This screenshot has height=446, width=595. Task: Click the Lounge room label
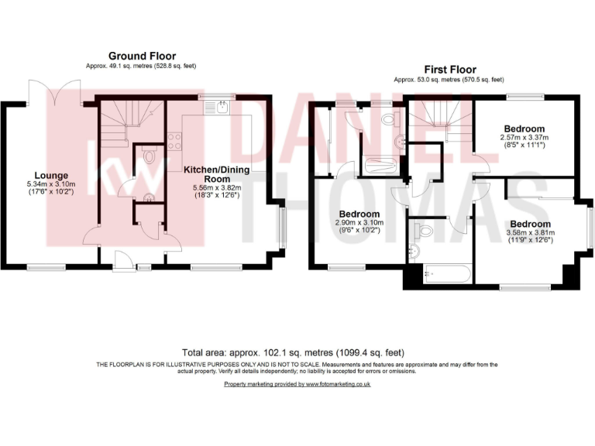(49, 175)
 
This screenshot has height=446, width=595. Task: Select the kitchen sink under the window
(221, 108)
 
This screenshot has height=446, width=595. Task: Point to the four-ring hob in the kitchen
(174, 141)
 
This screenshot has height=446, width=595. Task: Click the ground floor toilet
(149, 158)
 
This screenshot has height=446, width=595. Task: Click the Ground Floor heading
(142, 56)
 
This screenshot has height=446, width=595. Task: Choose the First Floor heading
(449, 69)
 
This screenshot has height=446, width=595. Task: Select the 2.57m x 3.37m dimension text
(524, 138)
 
